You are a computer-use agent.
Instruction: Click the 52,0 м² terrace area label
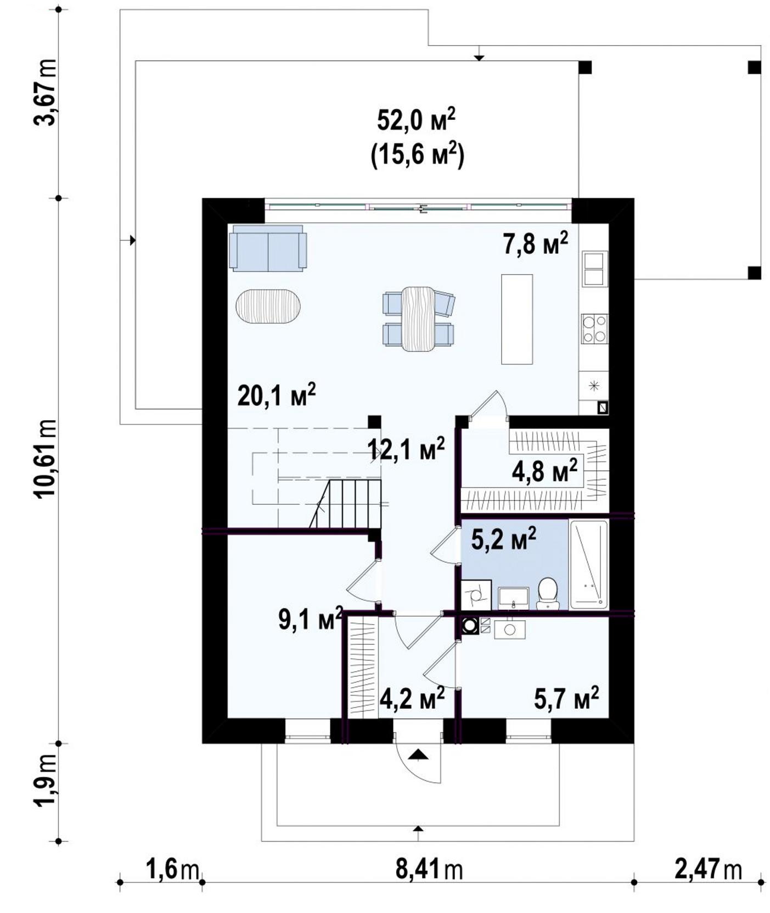click(x=415, y=120)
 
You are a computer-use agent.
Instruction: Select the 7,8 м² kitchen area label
click(x=536, y=244)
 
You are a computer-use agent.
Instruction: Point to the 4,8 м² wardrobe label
click(x=544, y=471)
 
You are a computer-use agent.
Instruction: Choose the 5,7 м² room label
click(x=566, y=698)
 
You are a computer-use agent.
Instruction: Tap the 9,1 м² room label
click(x=311, y=619)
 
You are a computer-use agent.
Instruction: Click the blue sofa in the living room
click(x=268, y=248)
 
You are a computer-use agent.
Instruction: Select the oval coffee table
click(x=268, y=307)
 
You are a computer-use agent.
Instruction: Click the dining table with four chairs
click(x=419, y=319)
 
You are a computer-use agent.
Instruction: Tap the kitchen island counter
click(x=517, y=319)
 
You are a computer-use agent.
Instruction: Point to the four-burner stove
click(x=594, y=328)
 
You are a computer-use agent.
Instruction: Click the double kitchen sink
click(x=594, y=269)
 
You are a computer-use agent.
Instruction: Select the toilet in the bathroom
click(x=547, y=593)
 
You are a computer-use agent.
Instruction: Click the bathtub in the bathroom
click(x=589, y=564)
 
